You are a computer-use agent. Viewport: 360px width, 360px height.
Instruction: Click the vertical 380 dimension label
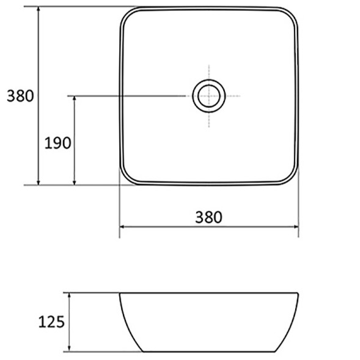click(20, 96)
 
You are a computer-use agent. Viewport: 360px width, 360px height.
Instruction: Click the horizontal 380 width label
click(208, 217)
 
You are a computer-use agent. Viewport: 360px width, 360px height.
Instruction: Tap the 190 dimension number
click(57, 143)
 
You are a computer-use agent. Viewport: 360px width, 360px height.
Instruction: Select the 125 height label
click(51, 321)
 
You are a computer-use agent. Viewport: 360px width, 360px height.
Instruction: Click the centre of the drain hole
click(209, 96)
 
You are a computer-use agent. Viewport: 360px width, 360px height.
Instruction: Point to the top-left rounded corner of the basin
click(126, 14)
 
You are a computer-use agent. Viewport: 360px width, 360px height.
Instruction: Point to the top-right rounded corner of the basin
click(292, 14)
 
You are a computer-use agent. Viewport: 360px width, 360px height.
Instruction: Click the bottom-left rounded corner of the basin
click(126, 178)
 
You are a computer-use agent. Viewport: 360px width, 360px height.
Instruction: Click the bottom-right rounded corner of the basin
click(292, 178)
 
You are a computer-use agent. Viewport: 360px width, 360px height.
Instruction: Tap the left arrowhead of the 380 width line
click(122, 227)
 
